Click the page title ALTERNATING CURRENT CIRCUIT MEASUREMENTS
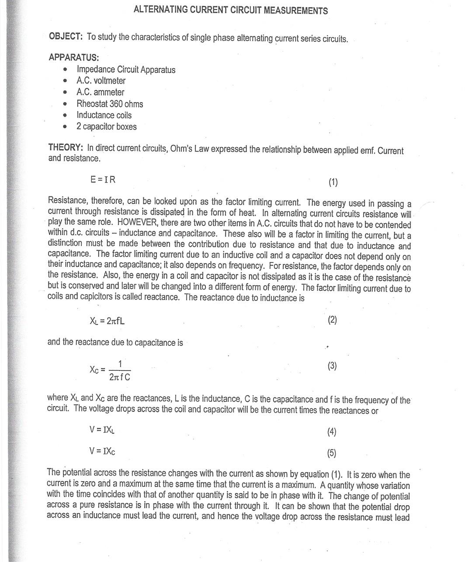[230, 10]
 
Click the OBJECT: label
[66, 36]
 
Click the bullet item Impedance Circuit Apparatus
[126, 69]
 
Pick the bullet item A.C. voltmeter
[101, 81]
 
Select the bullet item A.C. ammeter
[100, 92]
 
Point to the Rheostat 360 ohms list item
[110, 104]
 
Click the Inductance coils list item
[104, 115]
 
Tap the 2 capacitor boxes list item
[106, 127]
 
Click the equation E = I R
[103, 179]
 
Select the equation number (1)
[333, 182]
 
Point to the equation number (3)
[332, 366]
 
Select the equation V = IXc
[102, 451]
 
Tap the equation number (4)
[332, 432]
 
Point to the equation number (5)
[332, 453]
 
